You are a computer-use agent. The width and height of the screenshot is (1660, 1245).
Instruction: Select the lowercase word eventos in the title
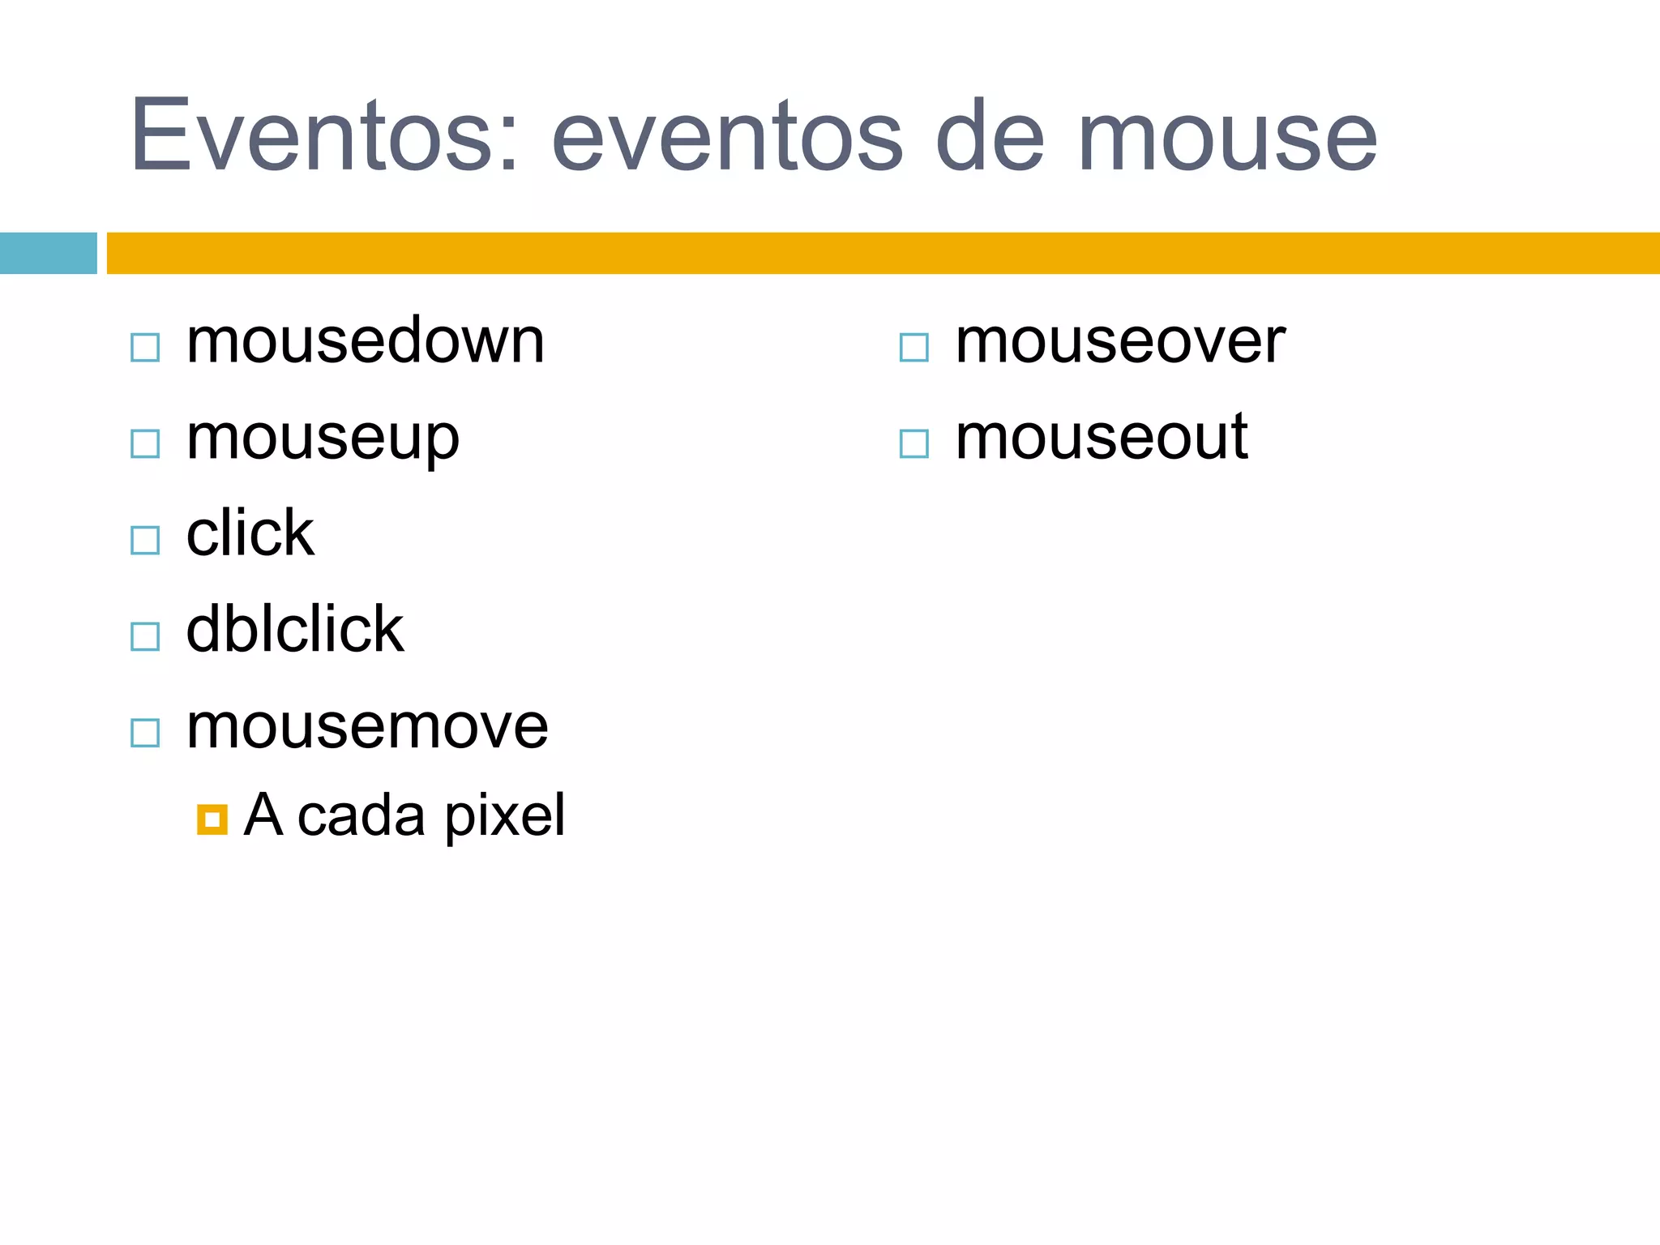(727, 135)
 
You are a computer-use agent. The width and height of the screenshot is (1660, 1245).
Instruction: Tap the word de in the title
(990, 135)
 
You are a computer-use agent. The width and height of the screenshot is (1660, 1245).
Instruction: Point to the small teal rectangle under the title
(48, 253)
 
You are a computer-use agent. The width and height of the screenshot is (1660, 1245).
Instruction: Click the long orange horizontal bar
(882, 253)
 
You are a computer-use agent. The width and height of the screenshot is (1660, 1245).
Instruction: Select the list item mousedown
(365, 341)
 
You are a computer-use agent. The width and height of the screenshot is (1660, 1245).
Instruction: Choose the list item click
(250, 533)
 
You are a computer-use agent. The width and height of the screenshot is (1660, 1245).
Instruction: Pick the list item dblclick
(294, 629)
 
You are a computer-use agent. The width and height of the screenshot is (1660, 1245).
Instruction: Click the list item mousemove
(366, 726)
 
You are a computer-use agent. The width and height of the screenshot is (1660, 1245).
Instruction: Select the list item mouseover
(1120, 341)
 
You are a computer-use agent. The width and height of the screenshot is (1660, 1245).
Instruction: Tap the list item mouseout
(1101, 438)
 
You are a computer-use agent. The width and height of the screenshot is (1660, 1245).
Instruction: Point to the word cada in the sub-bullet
(361, 815)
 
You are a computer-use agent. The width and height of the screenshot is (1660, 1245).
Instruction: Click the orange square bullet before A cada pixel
(212, 819)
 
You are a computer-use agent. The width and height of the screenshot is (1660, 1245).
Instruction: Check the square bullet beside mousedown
(145, 348)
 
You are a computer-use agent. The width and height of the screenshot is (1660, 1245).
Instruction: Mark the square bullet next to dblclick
(145, 636)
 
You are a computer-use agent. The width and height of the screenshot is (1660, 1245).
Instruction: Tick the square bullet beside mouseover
(913, 348)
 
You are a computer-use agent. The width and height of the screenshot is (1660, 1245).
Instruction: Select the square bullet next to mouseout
(913, 443)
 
